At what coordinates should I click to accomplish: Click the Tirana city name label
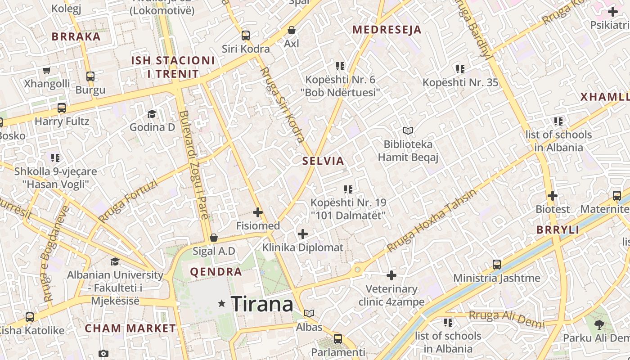262,304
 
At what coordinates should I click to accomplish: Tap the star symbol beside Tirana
221,304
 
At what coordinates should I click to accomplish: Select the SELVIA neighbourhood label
323,161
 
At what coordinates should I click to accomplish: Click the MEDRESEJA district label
387,30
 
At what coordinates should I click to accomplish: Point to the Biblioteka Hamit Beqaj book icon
408,130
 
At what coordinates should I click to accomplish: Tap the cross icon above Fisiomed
258,212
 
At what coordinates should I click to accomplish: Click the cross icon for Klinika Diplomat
303,234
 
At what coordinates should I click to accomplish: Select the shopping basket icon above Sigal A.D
214,237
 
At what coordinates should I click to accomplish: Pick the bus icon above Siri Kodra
245,35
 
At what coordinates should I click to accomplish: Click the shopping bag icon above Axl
292,30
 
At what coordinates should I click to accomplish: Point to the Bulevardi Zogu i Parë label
194,165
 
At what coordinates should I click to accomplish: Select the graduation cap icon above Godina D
152,114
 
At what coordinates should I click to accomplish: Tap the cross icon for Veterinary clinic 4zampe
391,275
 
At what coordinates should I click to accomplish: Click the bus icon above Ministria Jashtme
497,264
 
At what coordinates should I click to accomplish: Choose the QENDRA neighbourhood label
216,272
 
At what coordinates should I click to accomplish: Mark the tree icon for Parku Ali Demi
599,324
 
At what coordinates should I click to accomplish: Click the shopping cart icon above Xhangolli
47,70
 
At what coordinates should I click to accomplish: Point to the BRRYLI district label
558,230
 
